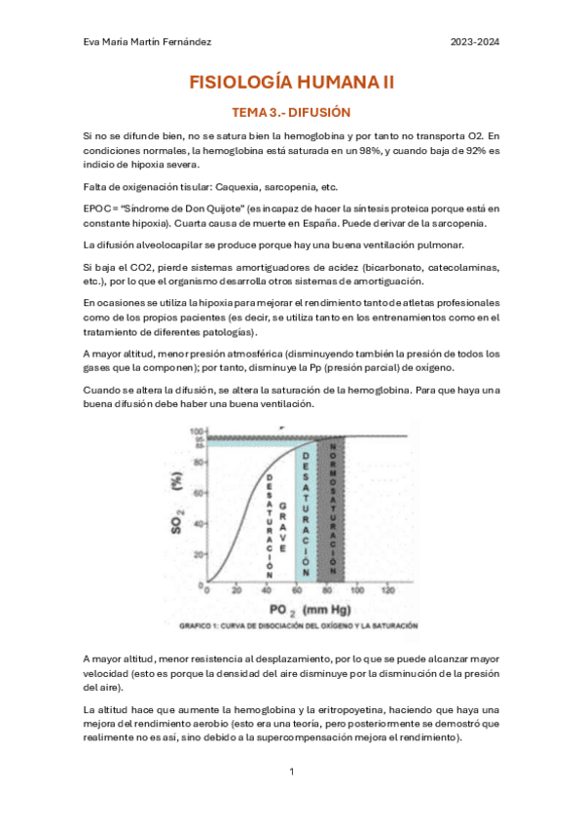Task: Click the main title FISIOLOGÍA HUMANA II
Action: (291, 84)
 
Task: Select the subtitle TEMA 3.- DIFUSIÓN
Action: (291, 113)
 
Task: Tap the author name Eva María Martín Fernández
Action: (146, 42)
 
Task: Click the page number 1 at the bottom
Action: (291, 771)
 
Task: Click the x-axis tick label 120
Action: (388, 591)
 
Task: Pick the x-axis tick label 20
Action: (236, 591)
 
